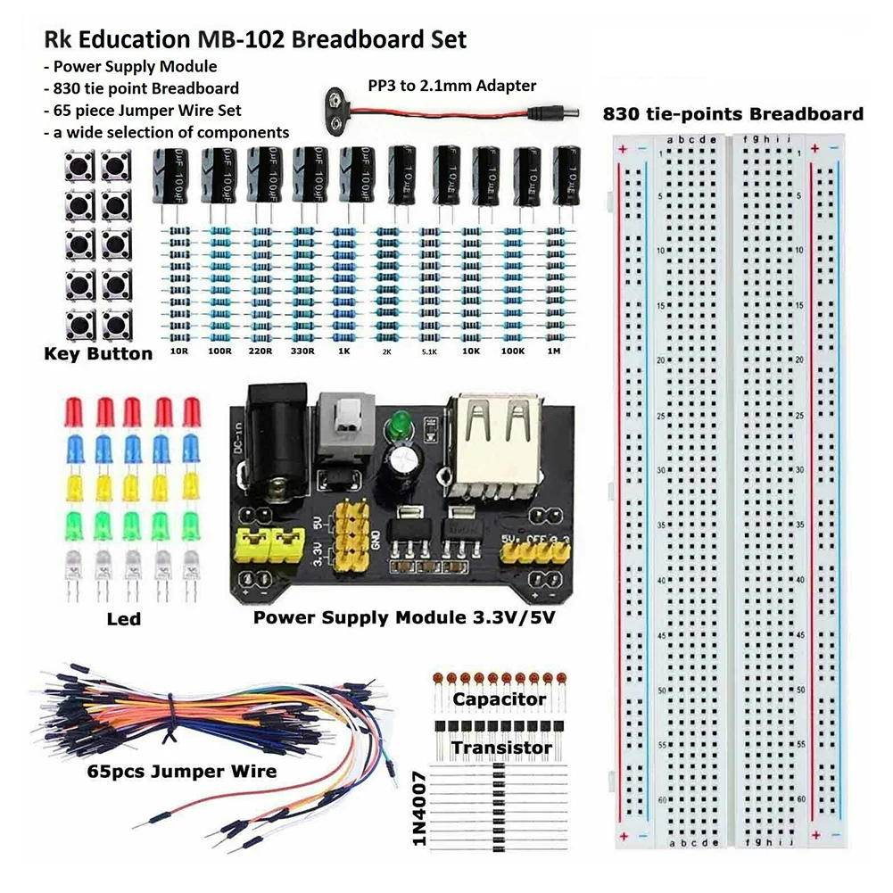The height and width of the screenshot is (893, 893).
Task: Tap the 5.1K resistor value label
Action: [x=428, y=352]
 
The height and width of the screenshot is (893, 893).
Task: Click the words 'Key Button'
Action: [x=98, y=354]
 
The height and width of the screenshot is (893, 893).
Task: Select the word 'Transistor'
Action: [x=501, y=747]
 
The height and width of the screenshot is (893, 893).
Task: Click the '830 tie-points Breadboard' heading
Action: [x=732, y=114]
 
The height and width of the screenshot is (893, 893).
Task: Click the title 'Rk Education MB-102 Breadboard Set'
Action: [x=254, y=40]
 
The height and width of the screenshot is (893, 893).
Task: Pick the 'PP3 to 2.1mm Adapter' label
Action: [x=451, y=86]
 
